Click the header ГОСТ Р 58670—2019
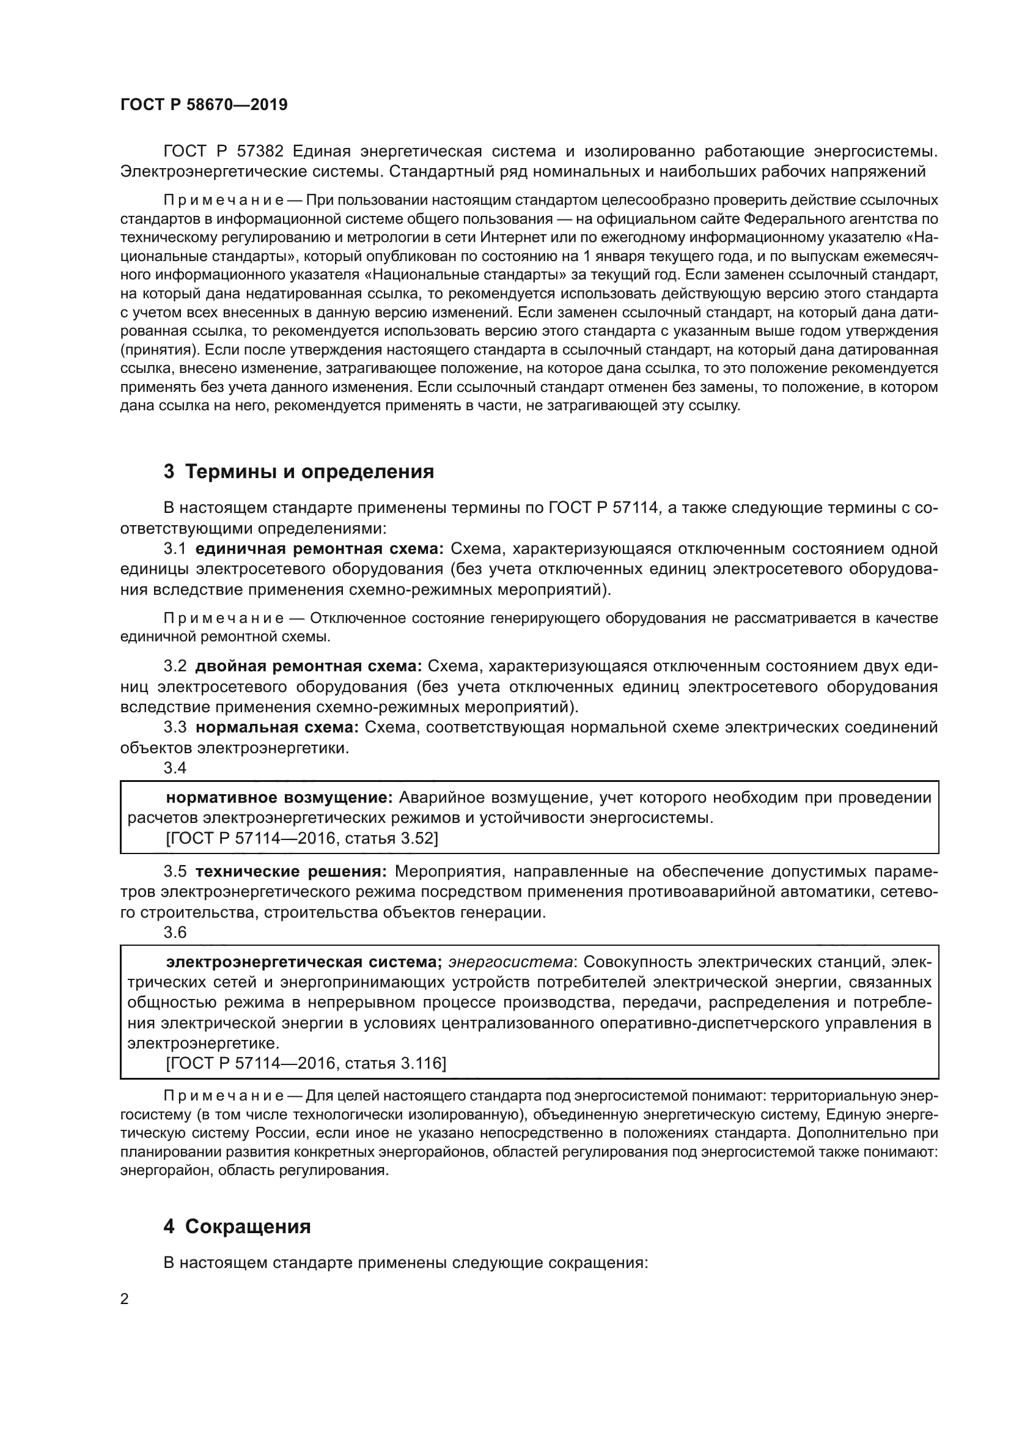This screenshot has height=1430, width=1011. pos(204,105)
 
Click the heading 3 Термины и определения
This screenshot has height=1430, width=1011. pos(299,471)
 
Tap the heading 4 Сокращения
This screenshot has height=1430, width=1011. pos(237,1226)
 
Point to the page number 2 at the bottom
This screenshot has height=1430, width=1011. pos(125,1299)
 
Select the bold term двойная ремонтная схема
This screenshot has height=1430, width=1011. pos(308,666)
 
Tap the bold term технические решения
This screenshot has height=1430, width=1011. pos(291,871)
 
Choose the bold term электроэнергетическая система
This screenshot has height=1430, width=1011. pos(303,962)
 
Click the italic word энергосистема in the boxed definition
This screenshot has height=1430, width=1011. pos(510,962)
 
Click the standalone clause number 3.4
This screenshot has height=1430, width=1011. pos(175,768)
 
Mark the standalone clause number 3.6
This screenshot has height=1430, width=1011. pos(175,932)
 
